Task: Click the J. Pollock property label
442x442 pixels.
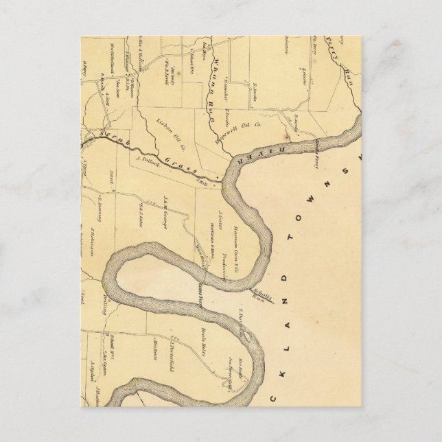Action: tap(147, 159)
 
